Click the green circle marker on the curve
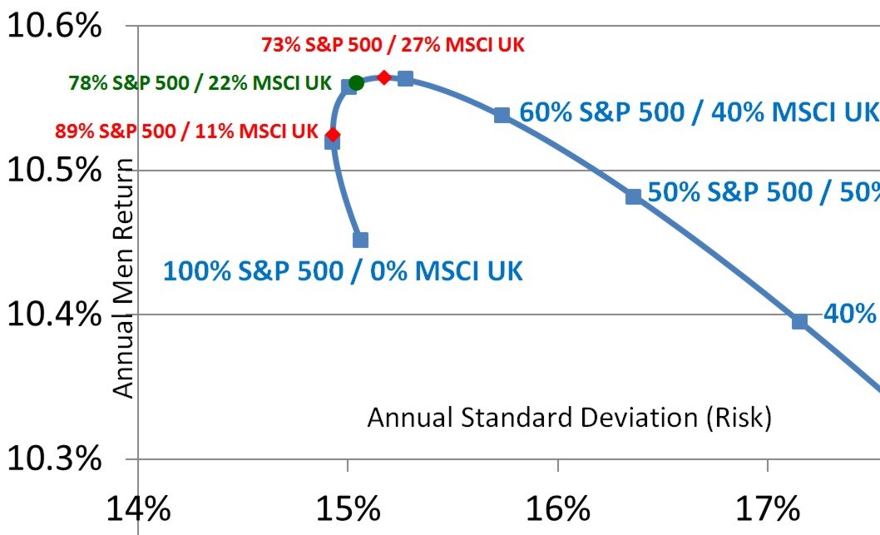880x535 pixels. point(357,82)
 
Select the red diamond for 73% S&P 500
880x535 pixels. point(384,77)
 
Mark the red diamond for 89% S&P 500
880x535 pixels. point(334,134)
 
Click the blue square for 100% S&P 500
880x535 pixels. point(360,240)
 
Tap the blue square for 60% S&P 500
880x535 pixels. point(502,115)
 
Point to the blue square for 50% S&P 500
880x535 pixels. point(634,196)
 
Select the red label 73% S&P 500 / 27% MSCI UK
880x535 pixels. point(393,44)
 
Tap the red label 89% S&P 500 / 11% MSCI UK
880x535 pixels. point(187,131)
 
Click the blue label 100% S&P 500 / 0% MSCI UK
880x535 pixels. point(344,270)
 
